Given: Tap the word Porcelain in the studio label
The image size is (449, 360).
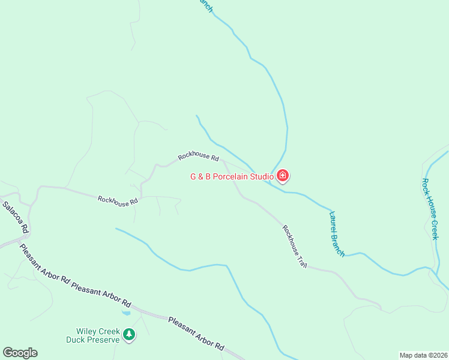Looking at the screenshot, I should coord(231,176).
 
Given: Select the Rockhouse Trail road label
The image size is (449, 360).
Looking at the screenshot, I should coord(295,246).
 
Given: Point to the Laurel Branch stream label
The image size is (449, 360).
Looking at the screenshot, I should coord(337,233).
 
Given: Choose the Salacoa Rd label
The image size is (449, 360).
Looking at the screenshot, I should coord(16,217).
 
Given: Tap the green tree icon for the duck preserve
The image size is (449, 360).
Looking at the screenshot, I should coord(129,335).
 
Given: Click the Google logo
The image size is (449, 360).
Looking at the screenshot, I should coord(20,353).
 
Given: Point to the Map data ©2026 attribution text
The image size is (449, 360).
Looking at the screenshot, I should coord(423,355).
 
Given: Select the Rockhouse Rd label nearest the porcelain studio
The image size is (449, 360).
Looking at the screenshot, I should coord(198,157).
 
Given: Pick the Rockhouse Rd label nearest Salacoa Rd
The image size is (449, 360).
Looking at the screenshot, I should coord(118,201).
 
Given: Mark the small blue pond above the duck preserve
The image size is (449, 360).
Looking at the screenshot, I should coord(126,313).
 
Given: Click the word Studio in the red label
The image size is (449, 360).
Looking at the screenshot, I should coord(262,176).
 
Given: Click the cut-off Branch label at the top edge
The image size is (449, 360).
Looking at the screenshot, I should coord(206,5).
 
